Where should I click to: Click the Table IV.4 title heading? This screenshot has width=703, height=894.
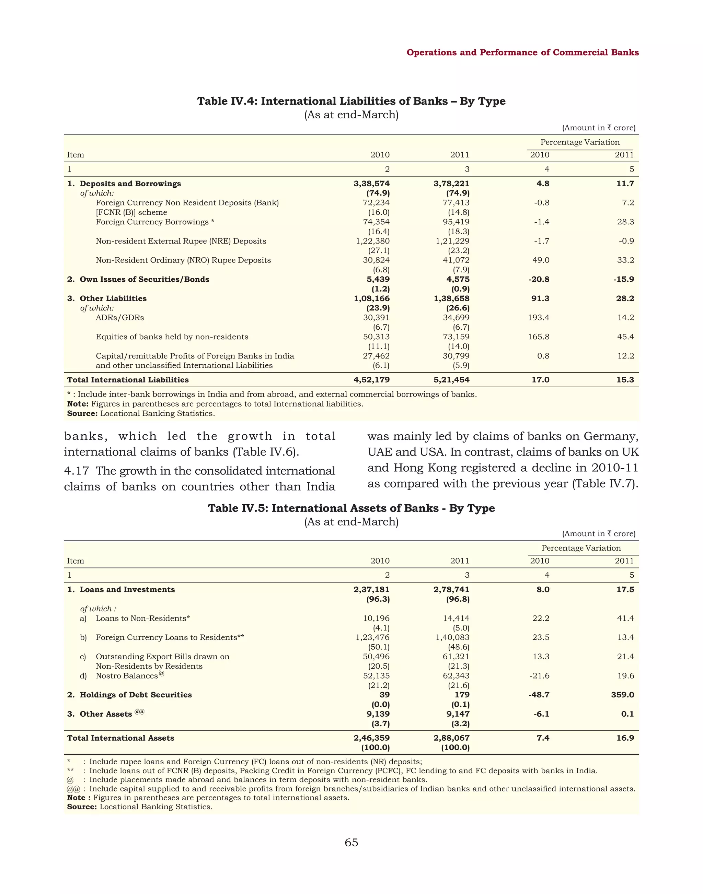[x=351, y=101]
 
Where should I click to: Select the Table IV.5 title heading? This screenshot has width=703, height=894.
[x=351, y=508]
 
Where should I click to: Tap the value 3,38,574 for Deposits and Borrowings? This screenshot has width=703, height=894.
[x=371, y=184]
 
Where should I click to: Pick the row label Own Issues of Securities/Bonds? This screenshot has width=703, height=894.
[x=144, y=279]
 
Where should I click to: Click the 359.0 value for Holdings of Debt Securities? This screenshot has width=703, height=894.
[x=622, y=695]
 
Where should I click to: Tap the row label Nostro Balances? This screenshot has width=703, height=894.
[x=127, y=676]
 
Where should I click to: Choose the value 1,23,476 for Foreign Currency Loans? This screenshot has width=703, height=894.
[x=372, y=637]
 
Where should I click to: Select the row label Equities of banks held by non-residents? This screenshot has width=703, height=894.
[x=172, y=337]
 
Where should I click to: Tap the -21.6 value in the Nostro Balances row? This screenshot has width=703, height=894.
[x=541, y=676]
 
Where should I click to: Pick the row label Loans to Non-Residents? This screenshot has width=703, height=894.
[x=142, y=618]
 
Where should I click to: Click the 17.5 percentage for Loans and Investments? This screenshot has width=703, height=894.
[x=625, y=590]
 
